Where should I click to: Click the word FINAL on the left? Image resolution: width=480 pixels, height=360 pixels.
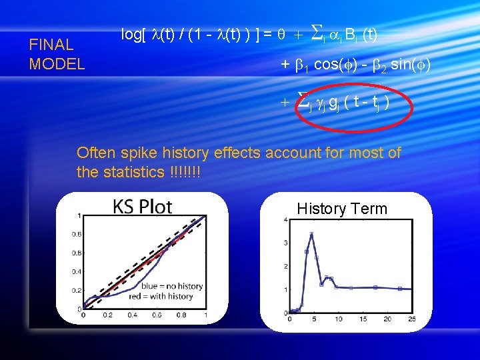point(51,45)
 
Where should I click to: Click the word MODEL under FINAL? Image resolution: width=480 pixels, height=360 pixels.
point(57,64)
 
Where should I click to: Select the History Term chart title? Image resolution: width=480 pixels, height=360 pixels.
point(342,209)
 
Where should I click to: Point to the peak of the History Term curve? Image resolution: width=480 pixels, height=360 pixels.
point(311,233)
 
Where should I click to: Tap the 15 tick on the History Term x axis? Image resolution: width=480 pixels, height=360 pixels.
point(363,319)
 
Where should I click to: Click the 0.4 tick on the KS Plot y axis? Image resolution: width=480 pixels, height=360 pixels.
point(78,271)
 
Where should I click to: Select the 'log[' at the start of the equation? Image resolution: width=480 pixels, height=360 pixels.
point(132,34)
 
